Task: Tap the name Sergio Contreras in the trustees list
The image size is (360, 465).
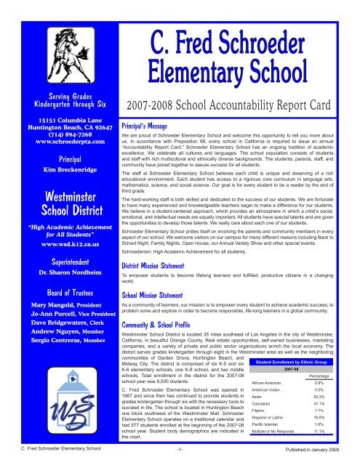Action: coord(34,359)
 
